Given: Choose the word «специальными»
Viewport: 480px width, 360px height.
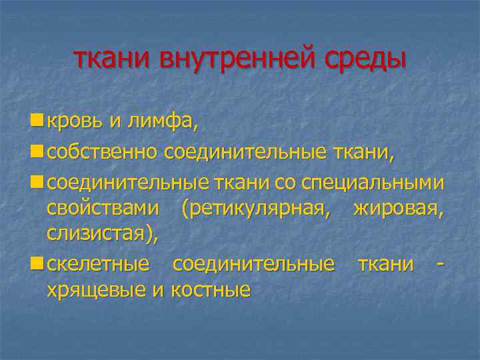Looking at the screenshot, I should pyautogui.click(x=373, y=183).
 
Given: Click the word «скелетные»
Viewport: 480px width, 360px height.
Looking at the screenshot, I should pyautogui.click(x=98, y=263).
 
